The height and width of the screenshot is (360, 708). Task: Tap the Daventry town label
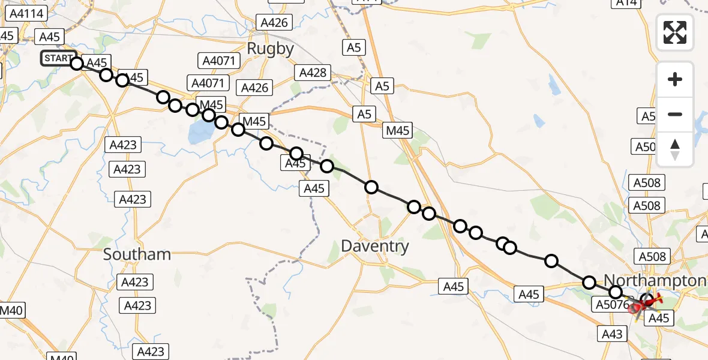coord(374,245)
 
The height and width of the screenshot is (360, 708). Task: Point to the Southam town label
coord(137,254)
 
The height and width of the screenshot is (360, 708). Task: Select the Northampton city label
coord(655,280)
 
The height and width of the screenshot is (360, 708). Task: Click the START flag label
coord(57,58)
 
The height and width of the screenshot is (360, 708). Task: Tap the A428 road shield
coord(312,73)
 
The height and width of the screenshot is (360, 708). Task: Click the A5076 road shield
coord(611,305)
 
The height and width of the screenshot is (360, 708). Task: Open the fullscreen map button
coord(675,32)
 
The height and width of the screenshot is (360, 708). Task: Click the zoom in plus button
coord(675,79)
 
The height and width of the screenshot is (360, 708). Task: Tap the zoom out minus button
coord(675,114)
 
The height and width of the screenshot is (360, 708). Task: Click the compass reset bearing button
coord(675,149)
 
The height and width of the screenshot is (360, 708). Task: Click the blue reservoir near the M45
coord(200,134)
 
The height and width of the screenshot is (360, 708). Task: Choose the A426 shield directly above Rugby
coord(275,23)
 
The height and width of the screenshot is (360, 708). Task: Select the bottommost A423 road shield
coord(150,352)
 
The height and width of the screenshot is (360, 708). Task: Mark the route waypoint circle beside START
coord(76,63)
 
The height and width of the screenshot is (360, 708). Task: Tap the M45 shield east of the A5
coord(398,130)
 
